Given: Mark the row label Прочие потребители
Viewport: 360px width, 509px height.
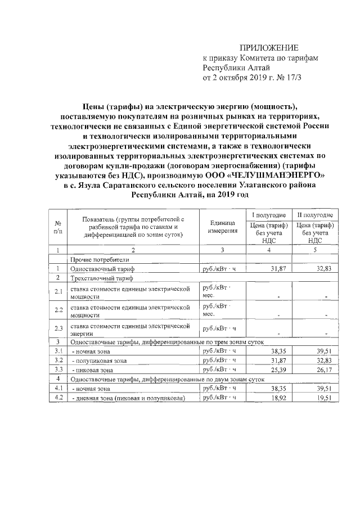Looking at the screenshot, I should tap(100, 259).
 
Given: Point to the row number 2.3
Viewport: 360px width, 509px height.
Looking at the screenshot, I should tap(58, 328).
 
